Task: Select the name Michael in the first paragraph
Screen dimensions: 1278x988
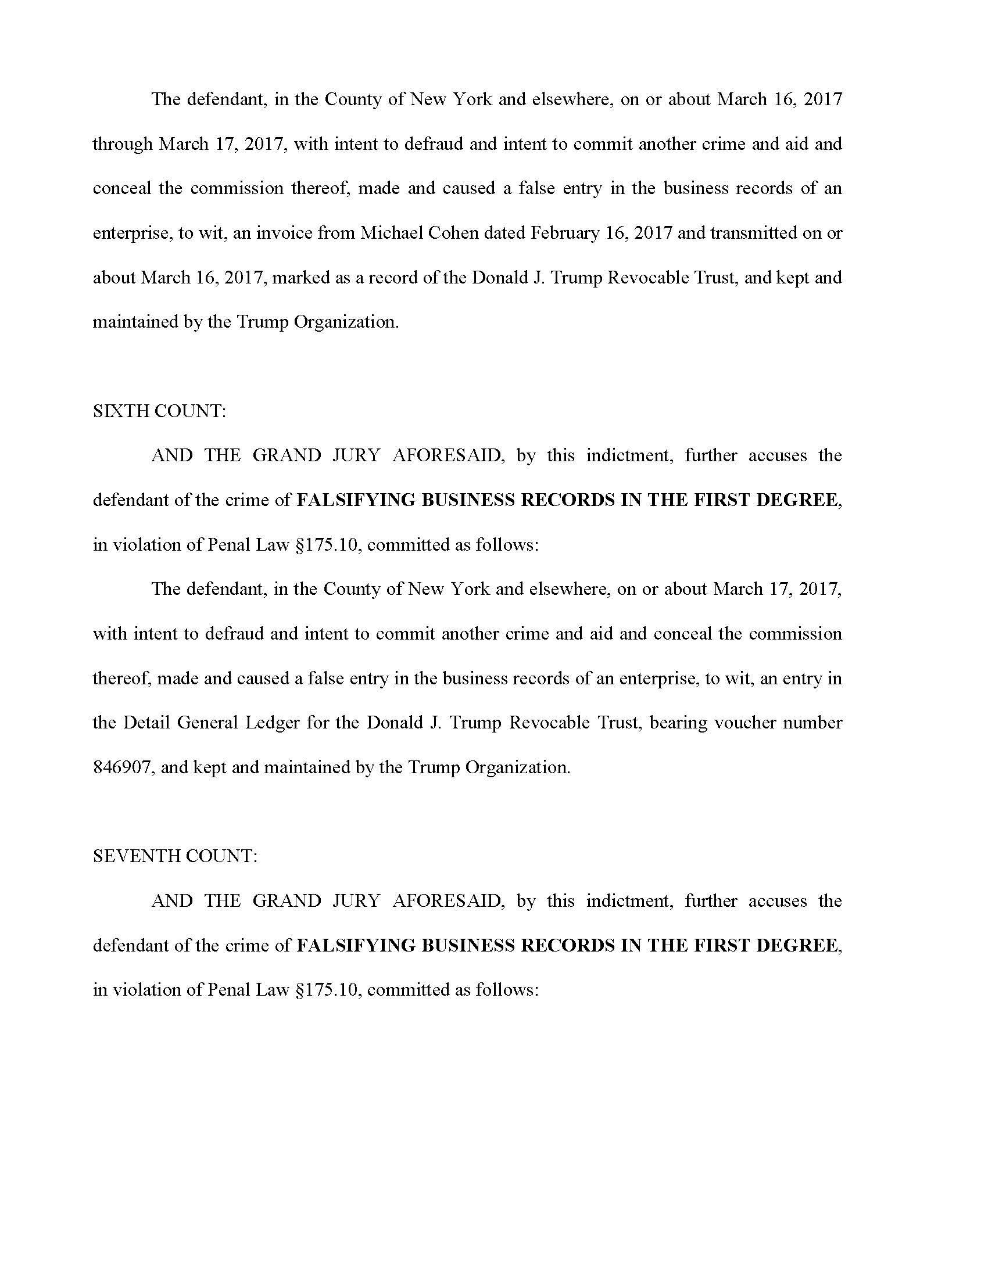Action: point(391,233)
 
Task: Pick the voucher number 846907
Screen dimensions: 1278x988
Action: point(123,767)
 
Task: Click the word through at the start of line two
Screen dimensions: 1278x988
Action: point(122,144)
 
